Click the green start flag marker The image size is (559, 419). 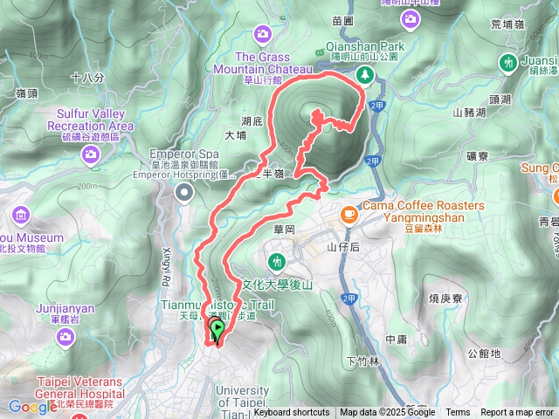pos(216,329)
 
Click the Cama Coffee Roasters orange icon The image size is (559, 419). pos(349,212)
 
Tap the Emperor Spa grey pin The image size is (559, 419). pos(184,194)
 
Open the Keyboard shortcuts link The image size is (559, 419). pos(292,413)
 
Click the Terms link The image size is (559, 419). pos(458,413)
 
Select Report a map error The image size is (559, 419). pos(518,413)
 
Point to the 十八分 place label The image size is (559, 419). pos(87,78)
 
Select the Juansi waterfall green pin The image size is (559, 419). pos(508,62)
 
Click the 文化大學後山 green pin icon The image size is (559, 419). pos(277,260)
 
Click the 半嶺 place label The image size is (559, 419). pos(273,174)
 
